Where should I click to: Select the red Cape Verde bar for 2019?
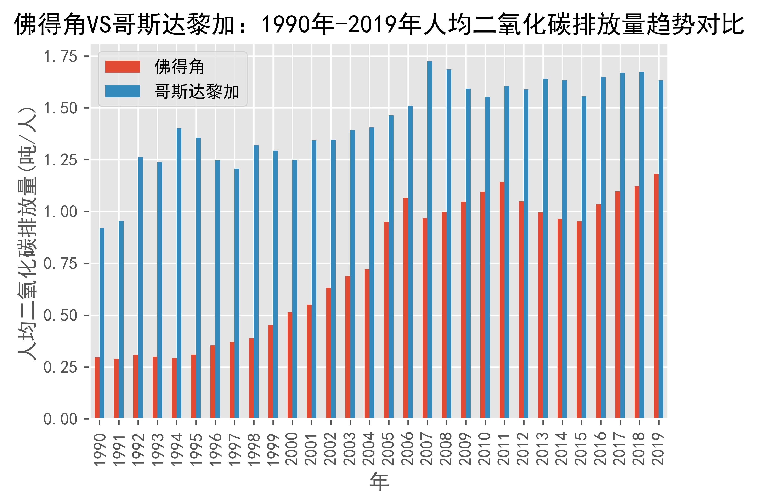[656, 296]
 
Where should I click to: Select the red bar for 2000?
[290, 365]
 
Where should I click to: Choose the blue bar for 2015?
[584, 257]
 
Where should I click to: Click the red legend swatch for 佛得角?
[123, 67]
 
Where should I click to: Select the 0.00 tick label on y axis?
[60, 419]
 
